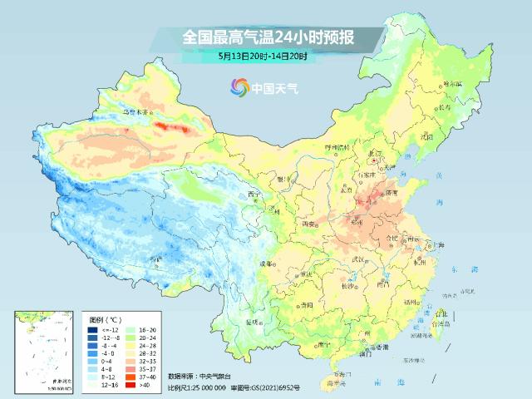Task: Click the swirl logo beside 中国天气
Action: click(x=239, y=86)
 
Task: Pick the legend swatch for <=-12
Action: click(x=92, y=329)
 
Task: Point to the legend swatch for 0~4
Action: click(x=92, y=362)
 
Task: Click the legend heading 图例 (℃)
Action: click(x=106, y=318)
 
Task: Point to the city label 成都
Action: click(x=264, y=264)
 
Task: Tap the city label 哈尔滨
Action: click(x=451, y=83)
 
